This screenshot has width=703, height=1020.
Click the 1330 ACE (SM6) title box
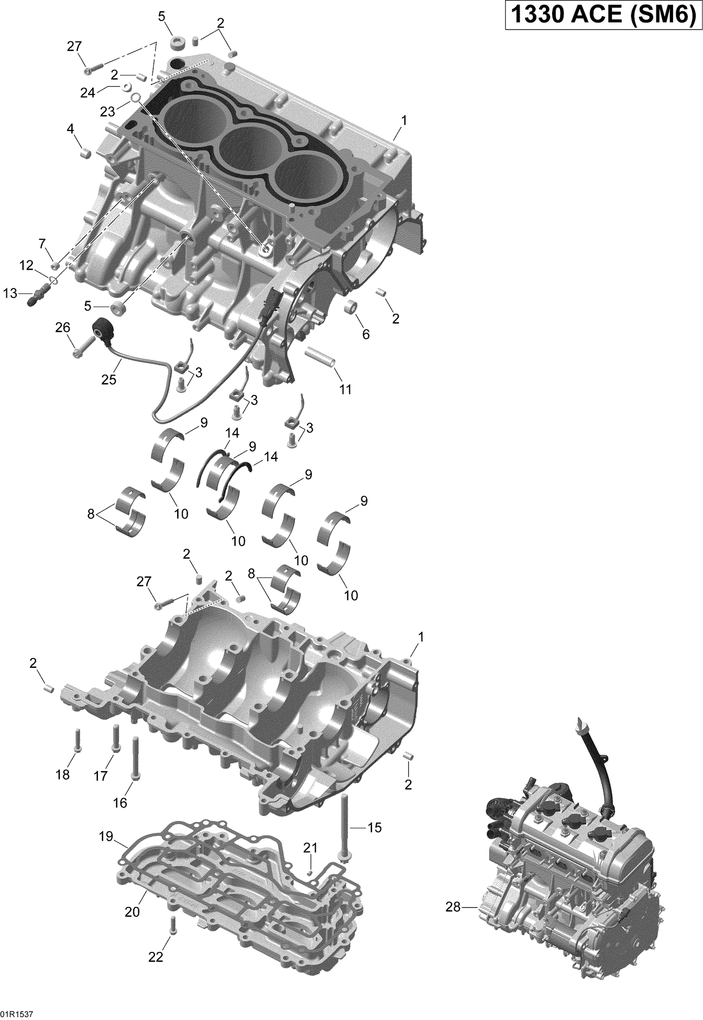(601, 16)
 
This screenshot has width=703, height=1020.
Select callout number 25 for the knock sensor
(109, 379)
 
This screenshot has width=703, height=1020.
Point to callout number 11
(345, 389)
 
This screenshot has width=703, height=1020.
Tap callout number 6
(366, 334)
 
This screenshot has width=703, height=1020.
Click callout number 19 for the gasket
(106, 837)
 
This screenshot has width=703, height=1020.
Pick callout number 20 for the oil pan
(132, 911)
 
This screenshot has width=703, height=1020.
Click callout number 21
(310, 847)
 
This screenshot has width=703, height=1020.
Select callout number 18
(63, 775)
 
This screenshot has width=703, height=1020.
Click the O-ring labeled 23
(135, 98)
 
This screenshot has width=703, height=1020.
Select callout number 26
(63, 327)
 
